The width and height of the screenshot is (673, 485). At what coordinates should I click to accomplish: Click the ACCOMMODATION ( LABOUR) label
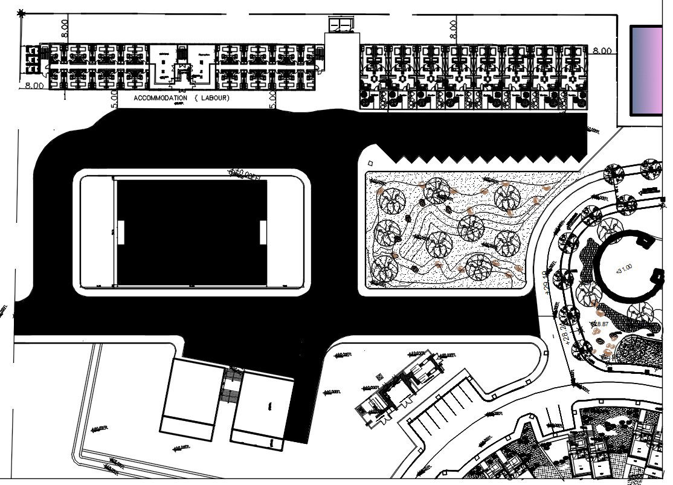[181, 98]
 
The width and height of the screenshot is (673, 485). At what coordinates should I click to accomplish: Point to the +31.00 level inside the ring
[623, 267]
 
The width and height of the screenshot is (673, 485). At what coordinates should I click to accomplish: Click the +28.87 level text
[601, 324]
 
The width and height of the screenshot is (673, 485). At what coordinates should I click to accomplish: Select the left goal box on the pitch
[120, 233]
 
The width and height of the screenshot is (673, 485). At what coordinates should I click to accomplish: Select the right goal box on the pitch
[263, 233]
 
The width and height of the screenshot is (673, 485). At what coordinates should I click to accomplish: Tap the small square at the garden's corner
[370, 162]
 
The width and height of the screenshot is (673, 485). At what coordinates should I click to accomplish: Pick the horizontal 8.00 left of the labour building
[34, 86]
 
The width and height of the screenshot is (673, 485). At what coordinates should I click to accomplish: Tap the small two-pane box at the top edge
[340, 25]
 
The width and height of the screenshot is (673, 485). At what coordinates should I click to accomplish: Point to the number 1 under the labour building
[64, 95]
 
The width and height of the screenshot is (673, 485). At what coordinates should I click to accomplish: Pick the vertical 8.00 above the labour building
[65, 27]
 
